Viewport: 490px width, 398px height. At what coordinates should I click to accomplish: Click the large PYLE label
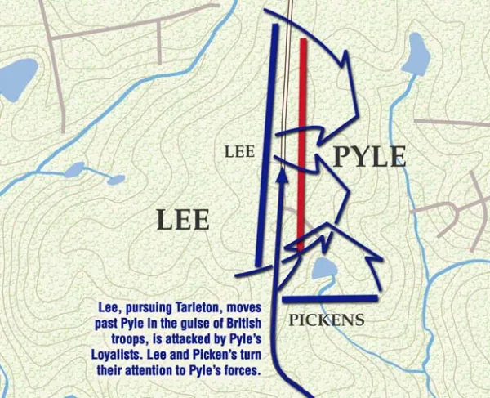coord(368,156)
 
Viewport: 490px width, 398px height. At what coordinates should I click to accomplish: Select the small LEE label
coord(239,151)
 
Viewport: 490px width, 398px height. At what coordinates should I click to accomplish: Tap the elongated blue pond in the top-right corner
coord(417,55)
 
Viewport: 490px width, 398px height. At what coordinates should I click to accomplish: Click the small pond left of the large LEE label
coord(75,170)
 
